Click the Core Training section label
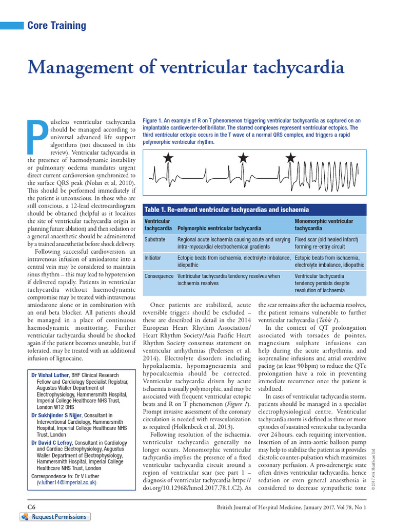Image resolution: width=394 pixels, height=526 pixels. (56, 26)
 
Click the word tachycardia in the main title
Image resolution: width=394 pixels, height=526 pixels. (291, 68)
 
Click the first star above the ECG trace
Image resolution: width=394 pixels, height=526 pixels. (168, 158)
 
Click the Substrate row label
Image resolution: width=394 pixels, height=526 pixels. (155, 240)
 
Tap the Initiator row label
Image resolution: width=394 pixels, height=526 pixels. (153, 258)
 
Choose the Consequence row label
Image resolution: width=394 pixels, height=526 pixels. (159, 276)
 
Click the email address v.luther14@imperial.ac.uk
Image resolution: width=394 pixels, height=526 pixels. (66, 483)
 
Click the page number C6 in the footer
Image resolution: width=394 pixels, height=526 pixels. (31, 507)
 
